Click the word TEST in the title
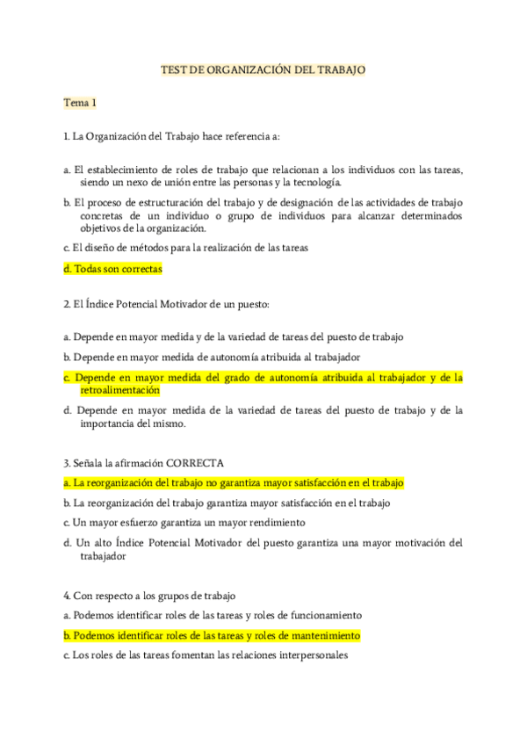(174, 69)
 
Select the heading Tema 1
(79, 103)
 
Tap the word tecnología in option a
(313, 182)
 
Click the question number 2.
(66, 304)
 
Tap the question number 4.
(66, 596)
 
